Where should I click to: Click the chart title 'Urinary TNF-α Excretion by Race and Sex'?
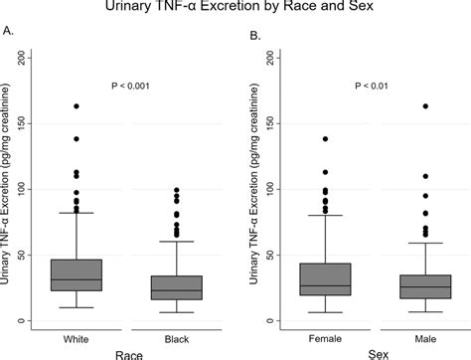tap(235, 9)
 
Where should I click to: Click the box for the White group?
tap(77, 274)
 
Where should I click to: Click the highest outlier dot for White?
tap(77, 105)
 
